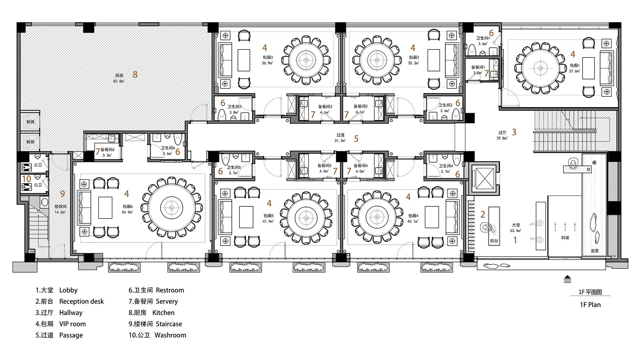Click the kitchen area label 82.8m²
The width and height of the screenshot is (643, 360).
point(119,81)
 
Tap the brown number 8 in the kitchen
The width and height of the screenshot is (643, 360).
point(135,75)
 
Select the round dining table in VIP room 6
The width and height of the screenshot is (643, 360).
point(172,207)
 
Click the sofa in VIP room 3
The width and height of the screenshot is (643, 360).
point(225,60)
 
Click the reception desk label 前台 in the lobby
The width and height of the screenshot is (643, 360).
point(494,240)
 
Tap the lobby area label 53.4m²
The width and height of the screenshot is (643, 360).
point(516,231)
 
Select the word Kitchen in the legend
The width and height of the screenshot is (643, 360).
point(163,313)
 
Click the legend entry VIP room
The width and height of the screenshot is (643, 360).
point(72,324)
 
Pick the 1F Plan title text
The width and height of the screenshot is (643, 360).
point(590,305)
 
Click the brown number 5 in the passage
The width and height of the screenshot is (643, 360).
point(356,139)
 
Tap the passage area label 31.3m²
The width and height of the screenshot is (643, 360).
point(340,141)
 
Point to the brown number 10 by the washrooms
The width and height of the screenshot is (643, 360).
point(27,179)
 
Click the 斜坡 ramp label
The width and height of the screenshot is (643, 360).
point(565,238)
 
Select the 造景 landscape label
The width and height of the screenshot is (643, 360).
point(594,251)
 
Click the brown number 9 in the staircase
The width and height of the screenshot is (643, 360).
point(63,194)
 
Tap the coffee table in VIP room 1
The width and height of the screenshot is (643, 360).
point(589,68)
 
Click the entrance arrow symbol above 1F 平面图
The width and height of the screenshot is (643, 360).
point(567,279)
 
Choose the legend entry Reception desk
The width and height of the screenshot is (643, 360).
point(82,301)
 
